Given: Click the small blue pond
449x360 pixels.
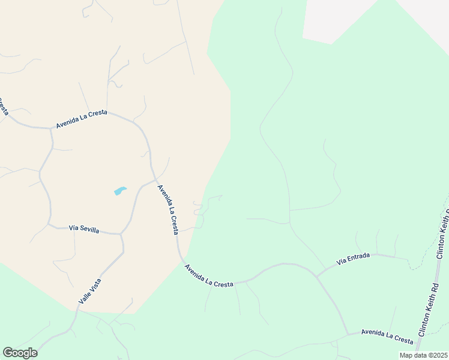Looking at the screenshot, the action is point(120,191).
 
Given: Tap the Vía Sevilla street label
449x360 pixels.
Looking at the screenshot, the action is point(84,229).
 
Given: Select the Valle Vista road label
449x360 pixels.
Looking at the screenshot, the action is point(89,290).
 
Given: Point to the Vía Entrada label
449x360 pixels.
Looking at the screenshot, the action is point(353,259).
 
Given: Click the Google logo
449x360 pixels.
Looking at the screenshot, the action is point(20,353).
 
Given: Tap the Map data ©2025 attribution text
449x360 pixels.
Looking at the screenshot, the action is point(423,355).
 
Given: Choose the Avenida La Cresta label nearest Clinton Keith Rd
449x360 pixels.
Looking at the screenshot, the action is point(387,337).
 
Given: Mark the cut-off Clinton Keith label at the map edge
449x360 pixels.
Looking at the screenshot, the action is point(444,234).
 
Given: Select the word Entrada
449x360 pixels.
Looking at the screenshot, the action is point(358,257).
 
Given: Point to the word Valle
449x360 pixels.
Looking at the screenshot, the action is point(84,297).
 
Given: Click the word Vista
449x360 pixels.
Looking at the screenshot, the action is point(95,283).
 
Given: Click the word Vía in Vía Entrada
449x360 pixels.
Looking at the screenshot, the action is point(342,262).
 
